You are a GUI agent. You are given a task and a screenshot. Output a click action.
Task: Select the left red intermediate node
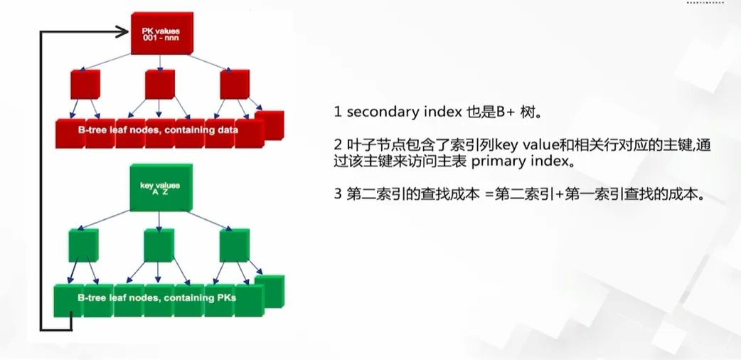(x=85, y=84)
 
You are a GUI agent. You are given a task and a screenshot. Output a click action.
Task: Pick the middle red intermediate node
(x=159, y=84)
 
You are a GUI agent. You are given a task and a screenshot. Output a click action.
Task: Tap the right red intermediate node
(x=234, y=84)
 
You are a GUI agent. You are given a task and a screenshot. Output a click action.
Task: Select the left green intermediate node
(x=83, y=245)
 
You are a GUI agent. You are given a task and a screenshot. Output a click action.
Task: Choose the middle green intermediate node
(x=159, y=245)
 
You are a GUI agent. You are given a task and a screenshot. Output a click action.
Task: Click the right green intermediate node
(x=233, y=245)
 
